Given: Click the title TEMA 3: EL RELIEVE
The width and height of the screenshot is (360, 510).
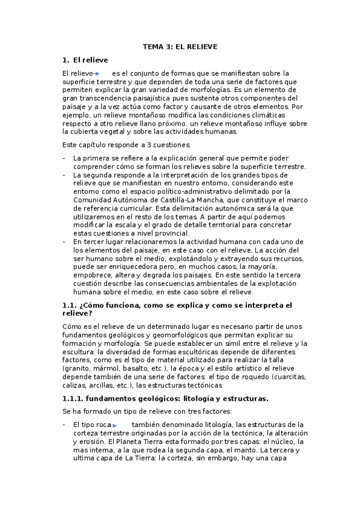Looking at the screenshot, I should tap(180, 46).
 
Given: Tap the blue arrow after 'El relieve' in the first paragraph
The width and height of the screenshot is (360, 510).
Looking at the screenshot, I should tap(98, 73).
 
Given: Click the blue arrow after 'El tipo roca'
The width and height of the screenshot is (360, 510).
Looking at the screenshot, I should tap(115, 425).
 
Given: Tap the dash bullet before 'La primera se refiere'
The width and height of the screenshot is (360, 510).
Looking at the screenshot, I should tap(64, 158).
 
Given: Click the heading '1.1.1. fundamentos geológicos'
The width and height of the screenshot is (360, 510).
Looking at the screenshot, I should tap(165, 398).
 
